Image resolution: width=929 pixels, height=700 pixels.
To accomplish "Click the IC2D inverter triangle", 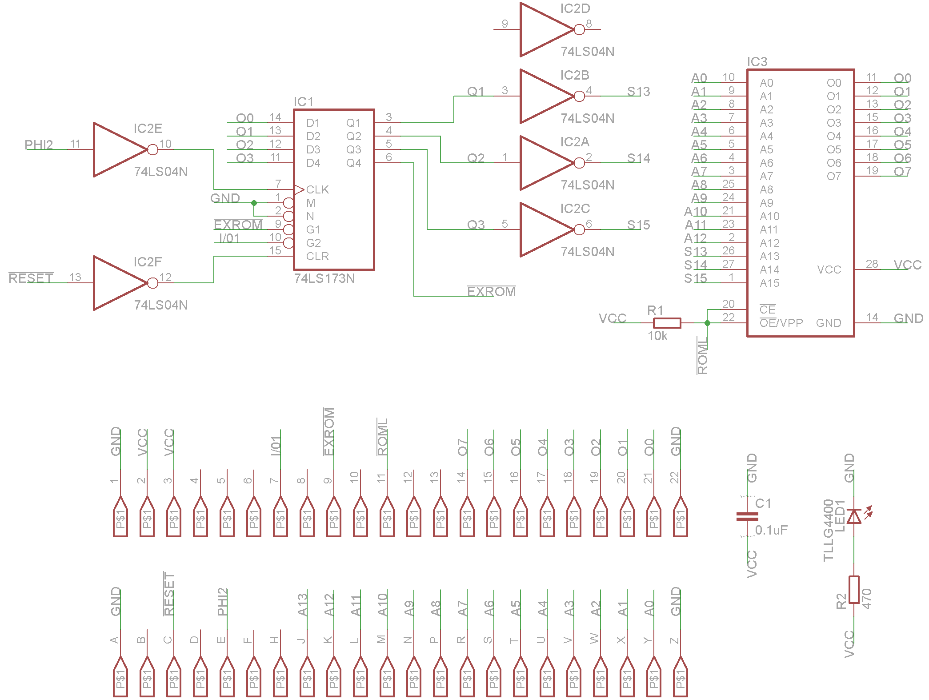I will coord(542,29).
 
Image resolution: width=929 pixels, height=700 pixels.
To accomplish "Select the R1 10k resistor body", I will coord(667,323).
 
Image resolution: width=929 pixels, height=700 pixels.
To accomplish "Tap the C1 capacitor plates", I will coord(747,516).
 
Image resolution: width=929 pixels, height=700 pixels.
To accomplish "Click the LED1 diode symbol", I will coord(854,516).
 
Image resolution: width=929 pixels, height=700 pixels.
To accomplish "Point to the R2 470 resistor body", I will coord(854,590).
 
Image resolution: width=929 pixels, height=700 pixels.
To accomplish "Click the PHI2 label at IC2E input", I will coord(39,145).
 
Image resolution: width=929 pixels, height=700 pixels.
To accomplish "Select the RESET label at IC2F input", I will coord(31,278).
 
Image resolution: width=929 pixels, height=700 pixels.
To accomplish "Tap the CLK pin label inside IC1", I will coord(317,190).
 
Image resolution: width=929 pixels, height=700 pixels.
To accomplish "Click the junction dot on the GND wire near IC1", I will coord(254,203).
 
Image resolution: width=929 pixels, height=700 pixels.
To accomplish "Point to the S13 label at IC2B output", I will coord(638,92).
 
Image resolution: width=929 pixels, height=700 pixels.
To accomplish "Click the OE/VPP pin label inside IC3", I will coord(781,323).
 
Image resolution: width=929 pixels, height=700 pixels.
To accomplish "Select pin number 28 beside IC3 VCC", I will coord(872,264).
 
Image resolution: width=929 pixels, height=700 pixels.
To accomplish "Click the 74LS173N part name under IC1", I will coord(324,278).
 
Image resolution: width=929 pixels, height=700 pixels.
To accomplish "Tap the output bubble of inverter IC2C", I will coord(579,229).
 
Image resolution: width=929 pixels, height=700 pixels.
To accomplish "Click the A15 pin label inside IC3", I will coord(769,283).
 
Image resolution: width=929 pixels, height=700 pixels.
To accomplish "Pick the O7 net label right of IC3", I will coord(902,172).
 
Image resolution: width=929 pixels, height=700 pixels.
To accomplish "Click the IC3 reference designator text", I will coord(757,62).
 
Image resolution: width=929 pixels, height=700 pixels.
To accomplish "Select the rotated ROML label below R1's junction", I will coord(702,356).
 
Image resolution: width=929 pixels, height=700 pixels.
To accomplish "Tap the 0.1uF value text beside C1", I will coord(771,530).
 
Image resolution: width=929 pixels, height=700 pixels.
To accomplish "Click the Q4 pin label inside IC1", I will coord(354,163).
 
